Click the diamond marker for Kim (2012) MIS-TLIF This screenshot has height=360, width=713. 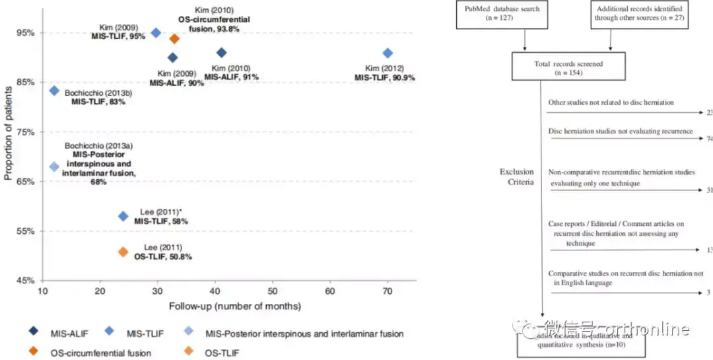click(x=388, y=53)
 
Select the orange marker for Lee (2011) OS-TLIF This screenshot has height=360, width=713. click(x=123, y=252)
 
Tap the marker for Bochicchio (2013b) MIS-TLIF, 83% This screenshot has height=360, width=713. click(x=54, y=90)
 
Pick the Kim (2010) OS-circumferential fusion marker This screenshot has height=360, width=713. click(x=174, y=38)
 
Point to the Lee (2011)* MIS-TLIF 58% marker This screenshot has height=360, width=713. click(x=123, y=216)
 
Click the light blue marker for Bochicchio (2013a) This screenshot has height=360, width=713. click(x=54, y=166)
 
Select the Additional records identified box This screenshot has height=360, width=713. click(x=640, y=14)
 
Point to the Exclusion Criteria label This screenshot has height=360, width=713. click(x=516, y=177)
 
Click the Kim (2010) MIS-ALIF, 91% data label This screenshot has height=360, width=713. click(x=231, y=73)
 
